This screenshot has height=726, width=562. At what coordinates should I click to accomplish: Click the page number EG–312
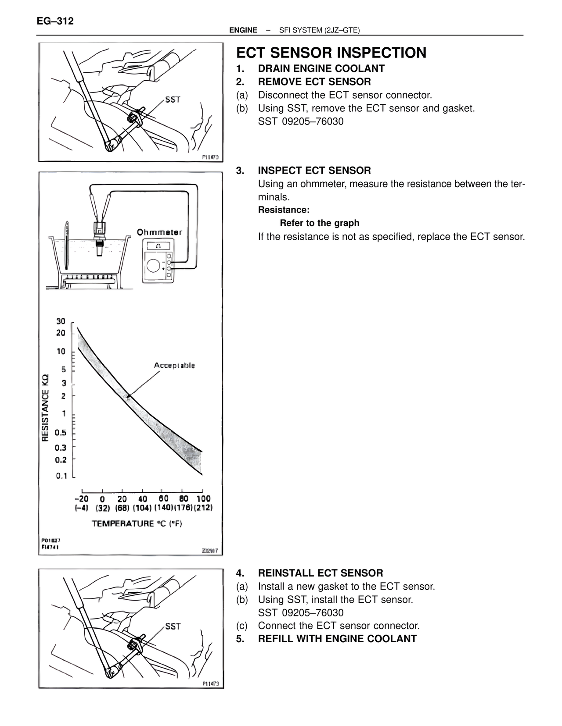click(55, 21)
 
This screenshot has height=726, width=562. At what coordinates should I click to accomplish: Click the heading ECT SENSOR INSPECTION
click(331, 53)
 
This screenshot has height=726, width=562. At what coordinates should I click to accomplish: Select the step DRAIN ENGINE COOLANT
click(321, 68)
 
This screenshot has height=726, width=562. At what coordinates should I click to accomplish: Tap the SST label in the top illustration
click(173, 100)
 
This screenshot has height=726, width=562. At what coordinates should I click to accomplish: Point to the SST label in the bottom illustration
click(173, 626)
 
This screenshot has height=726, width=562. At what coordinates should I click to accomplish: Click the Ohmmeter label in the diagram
click(159, 232)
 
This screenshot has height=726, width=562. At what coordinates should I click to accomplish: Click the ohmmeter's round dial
click(154, 266)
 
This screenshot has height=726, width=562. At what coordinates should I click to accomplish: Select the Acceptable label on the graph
click(174, 365)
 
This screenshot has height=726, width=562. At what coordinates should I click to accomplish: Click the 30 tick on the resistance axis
click(61, 321)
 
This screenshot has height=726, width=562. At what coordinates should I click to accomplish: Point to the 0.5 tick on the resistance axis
click(61, 433)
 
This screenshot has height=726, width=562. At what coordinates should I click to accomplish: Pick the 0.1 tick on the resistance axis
click(61, 476)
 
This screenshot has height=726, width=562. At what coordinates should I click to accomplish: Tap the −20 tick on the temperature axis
click(81, 498)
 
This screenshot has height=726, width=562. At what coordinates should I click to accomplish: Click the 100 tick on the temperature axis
click(203, 498)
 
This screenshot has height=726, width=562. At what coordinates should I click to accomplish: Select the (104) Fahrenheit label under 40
click(142, 508)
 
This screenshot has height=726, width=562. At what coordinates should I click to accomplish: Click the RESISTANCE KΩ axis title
click(45, 408)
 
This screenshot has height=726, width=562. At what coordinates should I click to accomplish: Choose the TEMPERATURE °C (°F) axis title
click(137, 523)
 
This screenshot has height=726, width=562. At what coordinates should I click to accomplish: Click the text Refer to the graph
click(320, 223)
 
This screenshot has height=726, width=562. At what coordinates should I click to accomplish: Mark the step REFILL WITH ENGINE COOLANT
click(337, 639)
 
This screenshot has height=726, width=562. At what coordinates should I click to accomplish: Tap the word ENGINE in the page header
click(243, 30)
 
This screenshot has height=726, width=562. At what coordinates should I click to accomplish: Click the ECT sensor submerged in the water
click(99, 248)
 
